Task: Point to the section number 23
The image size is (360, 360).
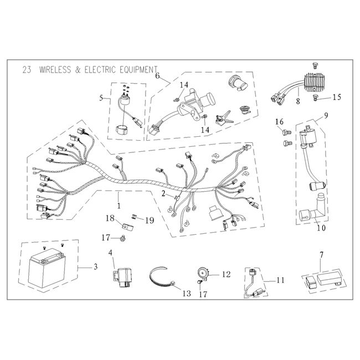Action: click(26, 70)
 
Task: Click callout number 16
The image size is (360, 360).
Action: click(279, 122)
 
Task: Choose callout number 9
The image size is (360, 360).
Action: click(326, 116)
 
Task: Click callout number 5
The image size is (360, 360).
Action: click(101, 98)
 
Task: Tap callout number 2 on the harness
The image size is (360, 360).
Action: click(163, 194)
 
